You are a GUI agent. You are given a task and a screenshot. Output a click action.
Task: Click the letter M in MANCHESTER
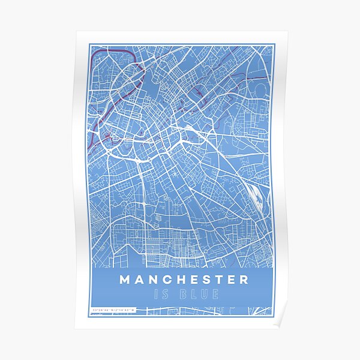(125, 280)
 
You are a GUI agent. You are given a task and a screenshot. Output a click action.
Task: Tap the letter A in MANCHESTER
(139, 280)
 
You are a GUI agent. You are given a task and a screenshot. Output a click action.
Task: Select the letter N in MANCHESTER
(153, 280)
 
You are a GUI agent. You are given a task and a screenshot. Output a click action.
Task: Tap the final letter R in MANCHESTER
(243, 280)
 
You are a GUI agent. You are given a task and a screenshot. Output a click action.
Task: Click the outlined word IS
(161, 295)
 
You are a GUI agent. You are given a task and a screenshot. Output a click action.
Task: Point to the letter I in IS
(157, 295)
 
